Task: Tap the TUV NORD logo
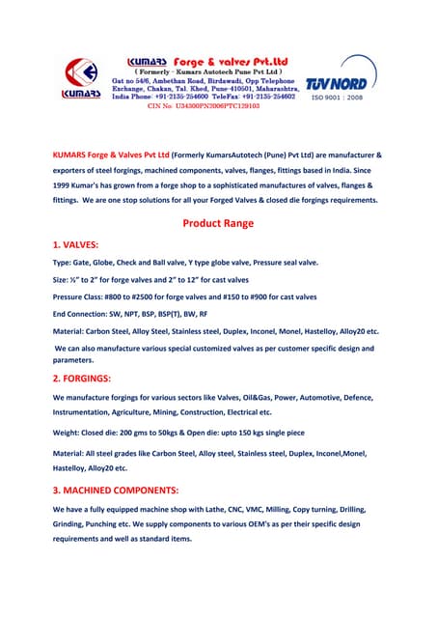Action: [335, 85]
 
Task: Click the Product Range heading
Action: [218, 223]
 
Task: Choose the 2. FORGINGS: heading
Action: [88, 378]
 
